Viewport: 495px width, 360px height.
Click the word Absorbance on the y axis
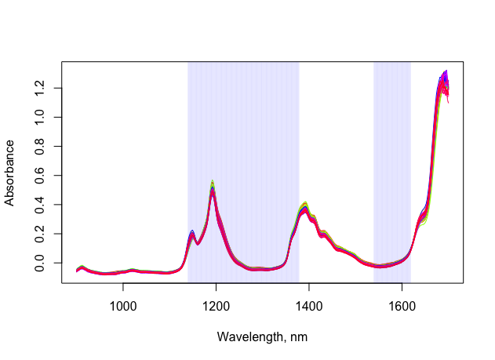pyautogui.click(x=10, y=173)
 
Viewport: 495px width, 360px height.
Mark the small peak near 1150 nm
pyautogui.click(x=192, y=233)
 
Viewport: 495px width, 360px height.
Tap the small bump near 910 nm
pyautogui.click(x=82, y=267)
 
